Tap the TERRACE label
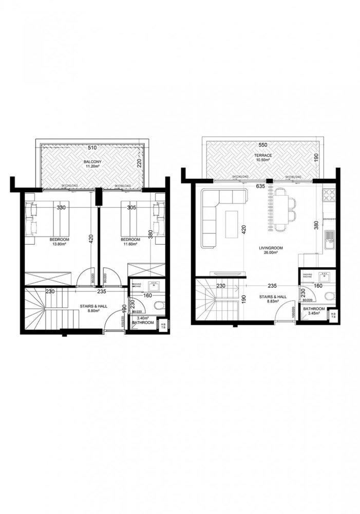tap(265, 155)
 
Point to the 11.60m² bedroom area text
tap(130, 245)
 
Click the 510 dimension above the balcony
tap(92, 148)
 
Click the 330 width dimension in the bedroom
tap(61, 208)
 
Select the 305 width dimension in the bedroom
tap(131, 208)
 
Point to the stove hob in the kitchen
tap(329, 195)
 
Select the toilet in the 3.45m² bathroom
tap(329, 295)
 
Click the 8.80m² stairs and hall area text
tap(93, 310)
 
